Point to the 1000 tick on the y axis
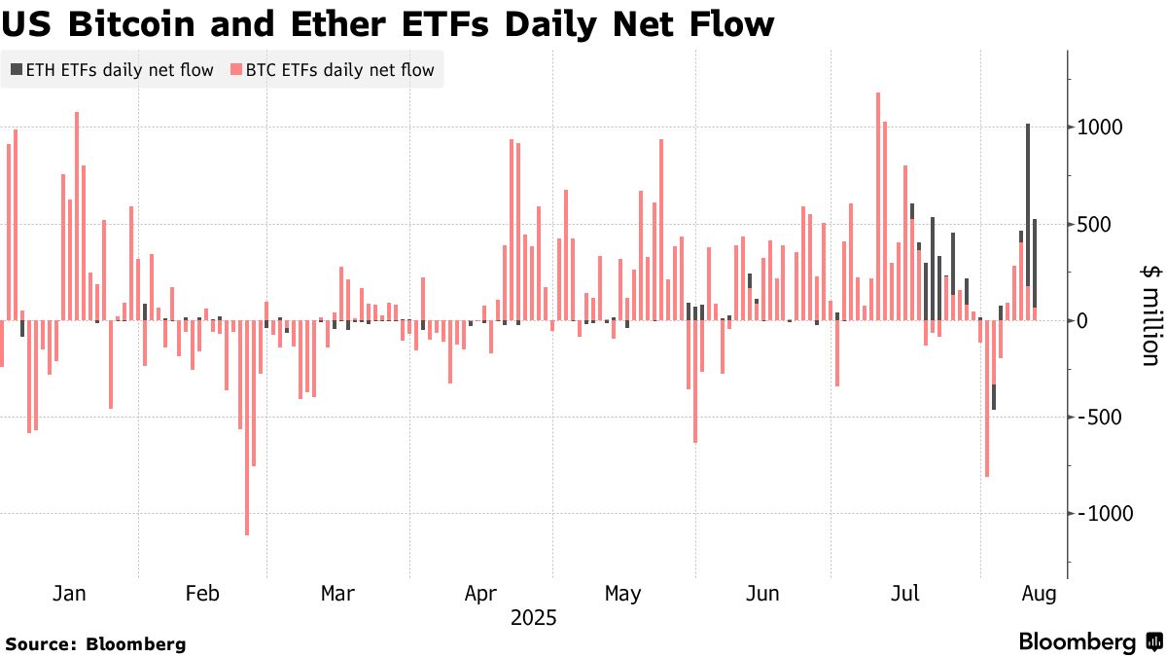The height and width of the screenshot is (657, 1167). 1098,128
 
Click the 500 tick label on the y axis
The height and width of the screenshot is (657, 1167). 1093,224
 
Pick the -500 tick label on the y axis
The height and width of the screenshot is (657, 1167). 1097,417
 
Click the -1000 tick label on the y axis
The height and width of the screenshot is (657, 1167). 1102,513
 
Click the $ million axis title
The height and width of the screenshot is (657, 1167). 1149,317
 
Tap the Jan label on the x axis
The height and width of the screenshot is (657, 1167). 69,593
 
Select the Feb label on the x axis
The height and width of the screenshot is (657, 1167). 202,593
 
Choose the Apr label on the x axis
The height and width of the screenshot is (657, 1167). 481,593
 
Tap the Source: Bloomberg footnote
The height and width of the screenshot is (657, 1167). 95,643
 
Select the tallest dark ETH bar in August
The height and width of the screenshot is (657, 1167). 1028,204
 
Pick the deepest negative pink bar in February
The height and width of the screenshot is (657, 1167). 247,428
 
